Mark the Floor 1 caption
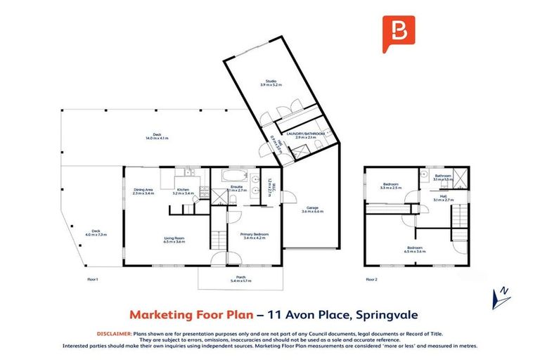[x=91, y=279]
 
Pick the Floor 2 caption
[x=371, y=279]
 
